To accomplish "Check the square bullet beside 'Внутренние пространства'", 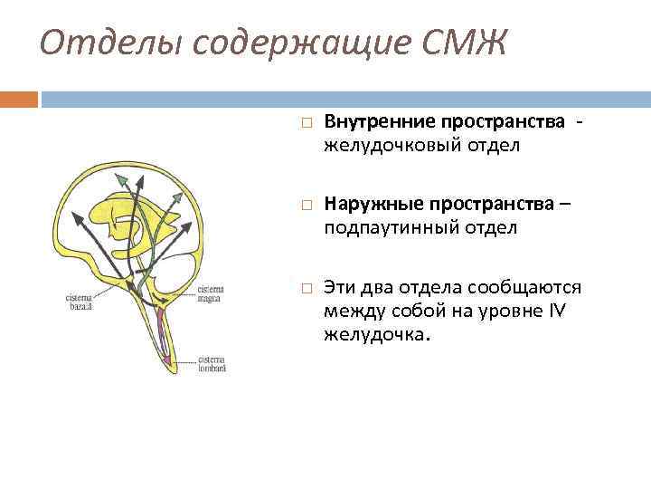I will click(x=307, y=122).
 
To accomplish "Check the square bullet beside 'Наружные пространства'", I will click(x=307, y=206).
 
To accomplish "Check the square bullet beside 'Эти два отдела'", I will click(x=307, y=289).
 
